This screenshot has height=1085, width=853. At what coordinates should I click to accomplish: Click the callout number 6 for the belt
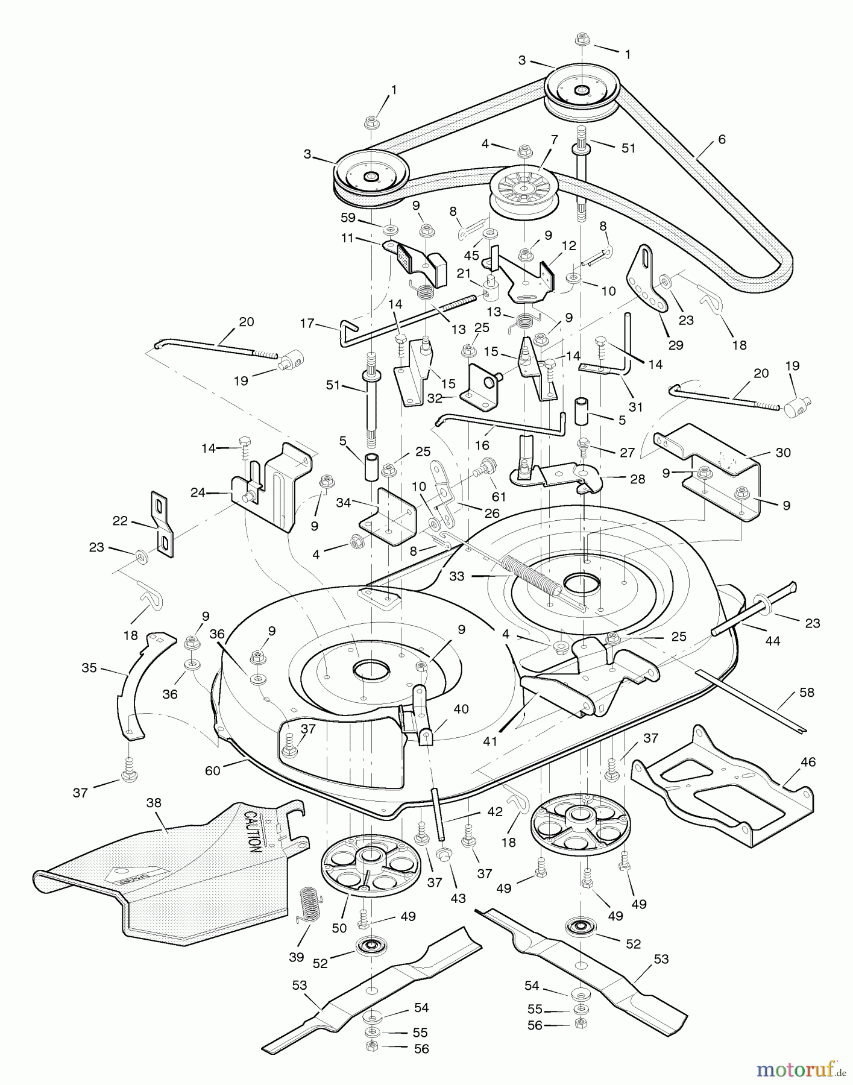[722, 139]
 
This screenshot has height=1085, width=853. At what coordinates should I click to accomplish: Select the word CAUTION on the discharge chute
[253, 831]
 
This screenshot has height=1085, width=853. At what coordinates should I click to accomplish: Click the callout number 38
[154, 803]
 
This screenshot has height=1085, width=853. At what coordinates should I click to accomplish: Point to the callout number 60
[213, 770]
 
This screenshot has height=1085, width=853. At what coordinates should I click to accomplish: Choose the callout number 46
[808, 762]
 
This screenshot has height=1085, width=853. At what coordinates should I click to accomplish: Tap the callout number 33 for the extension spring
[457, 576]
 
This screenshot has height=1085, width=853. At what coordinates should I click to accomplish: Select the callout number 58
[807, 693]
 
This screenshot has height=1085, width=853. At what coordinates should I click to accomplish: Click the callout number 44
[772, 641]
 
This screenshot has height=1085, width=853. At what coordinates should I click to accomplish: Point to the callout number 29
[676, 345]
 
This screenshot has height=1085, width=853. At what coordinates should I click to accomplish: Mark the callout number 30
[782, 452]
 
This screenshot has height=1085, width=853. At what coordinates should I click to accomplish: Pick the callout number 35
[89, 668]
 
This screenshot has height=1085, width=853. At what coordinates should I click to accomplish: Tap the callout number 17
[307, 324]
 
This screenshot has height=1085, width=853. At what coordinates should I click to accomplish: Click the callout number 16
[482, 445]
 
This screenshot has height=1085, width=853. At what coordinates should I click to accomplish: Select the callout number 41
[490, 741]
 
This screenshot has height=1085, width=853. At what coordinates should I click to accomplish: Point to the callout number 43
[458, 899]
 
